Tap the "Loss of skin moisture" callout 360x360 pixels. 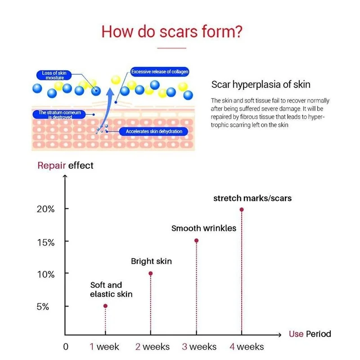tap(54, 75)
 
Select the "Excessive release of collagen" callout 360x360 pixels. tap(160, 72)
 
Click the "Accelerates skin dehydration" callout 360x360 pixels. tap(153, 131)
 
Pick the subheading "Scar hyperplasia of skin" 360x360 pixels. tap(261, 85)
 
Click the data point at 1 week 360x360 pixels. tap(105, 306)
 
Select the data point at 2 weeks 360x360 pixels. tap(151, 273)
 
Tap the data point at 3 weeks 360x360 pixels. tap(196, 240)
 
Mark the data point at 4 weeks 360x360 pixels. tap(242, 209)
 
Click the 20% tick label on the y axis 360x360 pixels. tap(46, 209)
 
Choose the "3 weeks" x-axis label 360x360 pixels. tap(199, 346)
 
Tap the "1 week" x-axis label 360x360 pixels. tap(104, 346)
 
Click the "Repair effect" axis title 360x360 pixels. tap(65, 165)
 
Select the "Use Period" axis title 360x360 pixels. tap(310, 334)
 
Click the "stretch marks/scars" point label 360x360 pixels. tap(252, 198)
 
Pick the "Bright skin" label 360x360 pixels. tap(151, 261)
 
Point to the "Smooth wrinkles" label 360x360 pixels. tap(204, 228)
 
